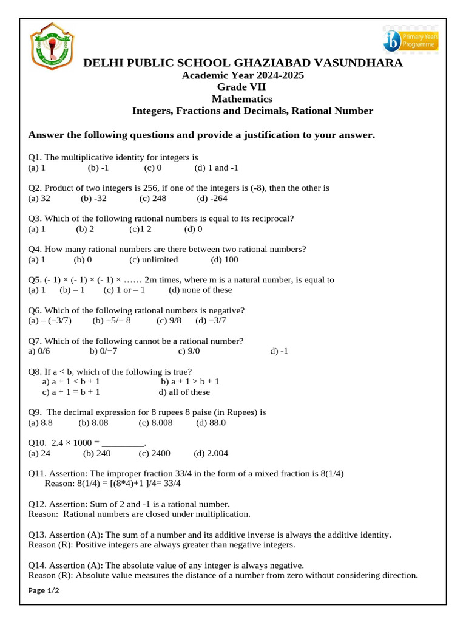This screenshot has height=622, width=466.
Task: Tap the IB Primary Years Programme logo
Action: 410,40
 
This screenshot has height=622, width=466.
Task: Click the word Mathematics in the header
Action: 241,98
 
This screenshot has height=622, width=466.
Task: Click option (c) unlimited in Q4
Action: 154,260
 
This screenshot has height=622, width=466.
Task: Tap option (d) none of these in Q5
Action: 200,290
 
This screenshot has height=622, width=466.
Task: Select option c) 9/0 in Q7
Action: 189,351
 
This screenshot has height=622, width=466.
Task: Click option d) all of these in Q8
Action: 184,392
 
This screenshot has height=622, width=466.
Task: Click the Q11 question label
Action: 38,474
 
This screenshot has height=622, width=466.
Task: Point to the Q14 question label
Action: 38,566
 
